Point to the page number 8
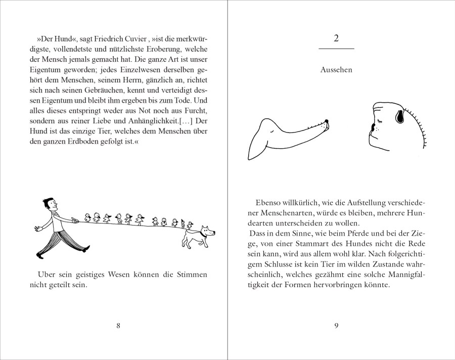tap(118, 326)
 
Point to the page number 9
tap(337, 326)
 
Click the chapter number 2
tap(337, 38)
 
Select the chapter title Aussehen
tap(336, 70)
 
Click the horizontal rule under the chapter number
tap(337, 49)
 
